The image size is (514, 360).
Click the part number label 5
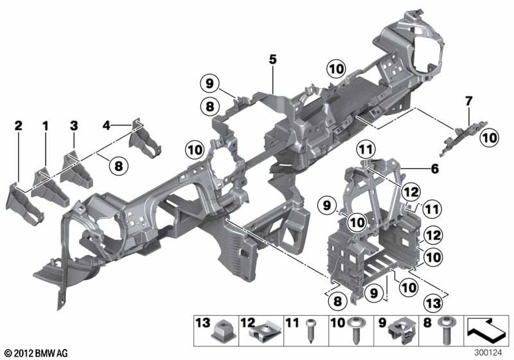[x=272, y=60]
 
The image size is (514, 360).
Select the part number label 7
[x=469, y=101]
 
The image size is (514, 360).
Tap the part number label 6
[x=435, y=169]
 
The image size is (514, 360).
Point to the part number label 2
[x=19, y=125]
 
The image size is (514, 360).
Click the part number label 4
[x=106, y=125]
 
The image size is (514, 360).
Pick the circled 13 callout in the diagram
[x=433, y=303]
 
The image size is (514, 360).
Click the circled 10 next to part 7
[x=489, y=138]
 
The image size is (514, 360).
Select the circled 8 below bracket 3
[x=118, y=166]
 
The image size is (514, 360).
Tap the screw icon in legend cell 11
[x=310, y=331]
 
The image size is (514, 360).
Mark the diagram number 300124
[x=488, y=352]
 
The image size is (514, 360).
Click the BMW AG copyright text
[x=37, y=353]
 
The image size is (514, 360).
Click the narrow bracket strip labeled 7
[x=463, y=138]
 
